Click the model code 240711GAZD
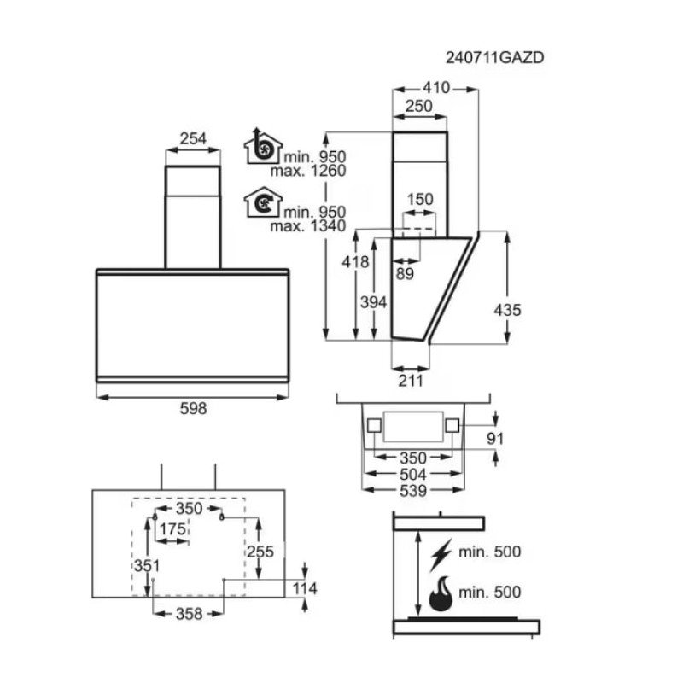(494, 57)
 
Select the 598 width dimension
(193, 409)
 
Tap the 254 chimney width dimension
(193, 139)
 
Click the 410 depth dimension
(436, 88)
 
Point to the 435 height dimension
(507, 310)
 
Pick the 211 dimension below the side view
(411, 381)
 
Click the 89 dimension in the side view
(405, 274)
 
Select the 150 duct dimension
(420, 200)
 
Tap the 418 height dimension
(355, 262)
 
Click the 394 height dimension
(373, 302)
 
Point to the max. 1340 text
(308, 225)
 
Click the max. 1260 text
(308, 170)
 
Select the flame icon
(441, 593)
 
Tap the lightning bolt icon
(441, 555)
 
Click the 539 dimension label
(413, 491)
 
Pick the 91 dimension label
(495, 439)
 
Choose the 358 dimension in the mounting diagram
(189, 614)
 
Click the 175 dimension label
(173, 529)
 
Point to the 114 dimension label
(305, 588)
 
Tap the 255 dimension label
(260, 552)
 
